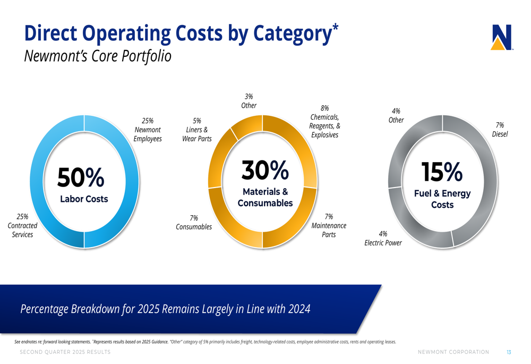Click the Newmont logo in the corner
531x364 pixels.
501,38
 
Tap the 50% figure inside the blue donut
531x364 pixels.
81,177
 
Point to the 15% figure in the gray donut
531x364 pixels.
442,172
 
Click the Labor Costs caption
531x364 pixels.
83,199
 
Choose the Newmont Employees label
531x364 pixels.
148,130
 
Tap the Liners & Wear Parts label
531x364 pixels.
197,130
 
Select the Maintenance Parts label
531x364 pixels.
329,225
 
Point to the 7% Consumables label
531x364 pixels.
194,222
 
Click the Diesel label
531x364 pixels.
500,130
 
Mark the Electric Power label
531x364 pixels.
383,238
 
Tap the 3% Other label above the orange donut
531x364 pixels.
249,101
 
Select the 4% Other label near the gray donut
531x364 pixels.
396,115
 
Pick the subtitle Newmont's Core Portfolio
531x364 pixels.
98,56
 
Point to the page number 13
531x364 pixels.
509,352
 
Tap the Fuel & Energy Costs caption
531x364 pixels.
442,199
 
